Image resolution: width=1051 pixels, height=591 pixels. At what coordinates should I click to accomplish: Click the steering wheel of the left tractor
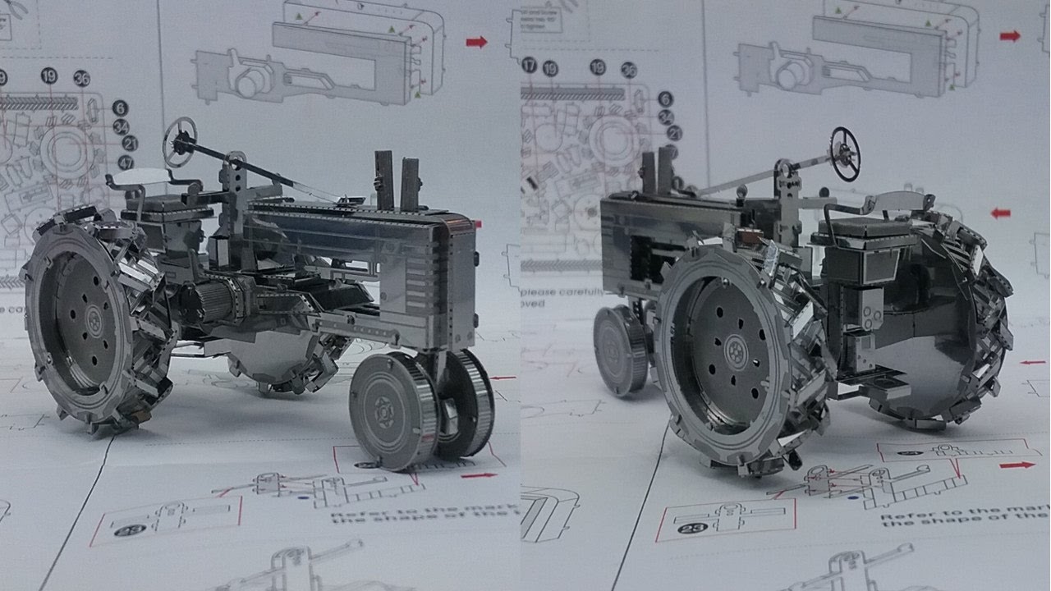pos(179,141)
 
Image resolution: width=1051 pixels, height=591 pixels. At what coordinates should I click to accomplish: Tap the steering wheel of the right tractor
pos(845,153)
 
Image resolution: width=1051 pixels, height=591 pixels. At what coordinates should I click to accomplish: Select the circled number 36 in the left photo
pos(81,79)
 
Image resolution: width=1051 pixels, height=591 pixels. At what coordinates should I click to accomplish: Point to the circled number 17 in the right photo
pos(530,65)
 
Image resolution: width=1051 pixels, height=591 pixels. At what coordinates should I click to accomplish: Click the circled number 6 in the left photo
pos(120,108)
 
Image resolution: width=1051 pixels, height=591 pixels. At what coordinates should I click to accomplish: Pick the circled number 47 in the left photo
pos(126,163)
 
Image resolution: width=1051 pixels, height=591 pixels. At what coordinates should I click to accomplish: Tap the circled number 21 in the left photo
pos(128,144)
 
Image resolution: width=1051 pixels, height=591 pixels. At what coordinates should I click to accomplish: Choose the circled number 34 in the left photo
pos(121,126)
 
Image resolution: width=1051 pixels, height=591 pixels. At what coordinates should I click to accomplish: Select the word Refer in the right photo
pos(903,519)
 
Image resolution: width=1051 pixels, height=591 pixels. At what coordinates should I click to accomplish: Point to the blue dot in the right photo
pos(854,497)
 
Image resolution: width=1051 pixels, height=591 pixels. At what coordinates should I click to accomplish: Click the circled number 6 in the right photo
pos(666,99)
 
